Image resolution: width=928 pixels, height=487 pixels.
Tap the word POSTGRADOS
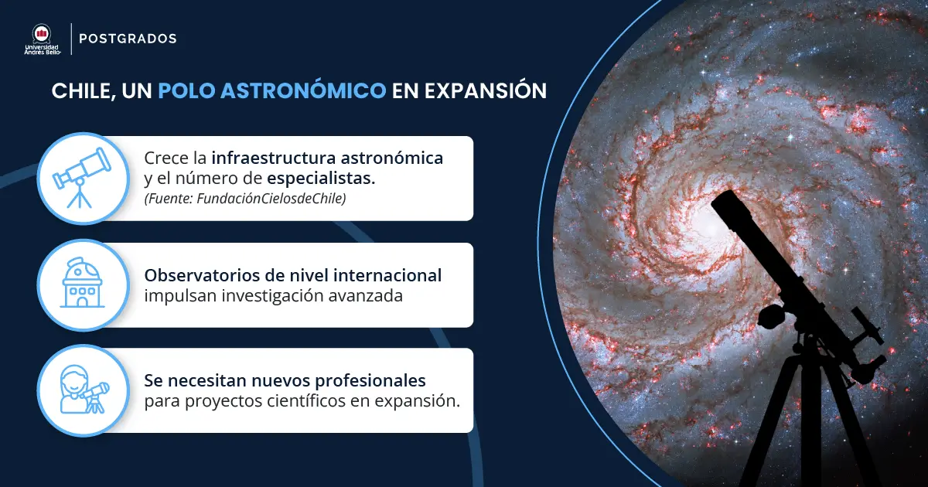pos(128,39)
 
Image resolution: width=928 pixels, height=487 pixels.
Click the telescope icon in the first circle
pos(80,178)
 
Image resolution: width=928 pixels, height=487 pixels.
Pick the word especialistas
pos(326,179)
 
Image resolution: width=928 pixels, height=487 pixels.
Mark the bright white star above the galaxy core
pos(790,137)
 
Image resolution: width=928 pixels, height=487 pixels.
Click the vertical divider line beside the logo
pos(71,39)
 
